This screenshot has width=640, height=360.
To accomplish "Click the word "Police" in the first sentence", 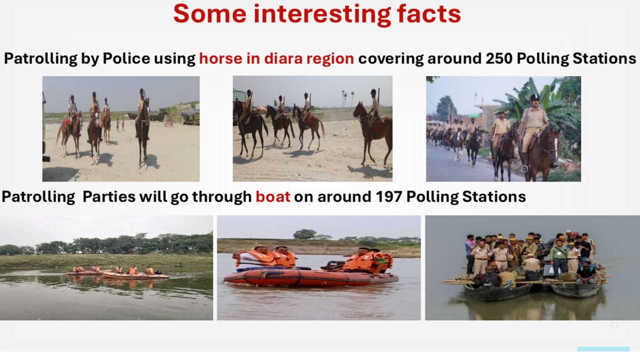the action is coord(126,58).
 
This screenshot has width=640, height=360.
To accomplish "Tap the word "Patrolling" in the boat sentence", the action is coord(38,197).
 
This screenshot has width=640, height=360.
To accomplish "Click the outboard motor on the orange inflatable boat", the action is coord(332,266).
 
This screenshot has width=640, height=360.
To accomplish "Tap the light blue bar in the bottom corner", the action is coord(603,349).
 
